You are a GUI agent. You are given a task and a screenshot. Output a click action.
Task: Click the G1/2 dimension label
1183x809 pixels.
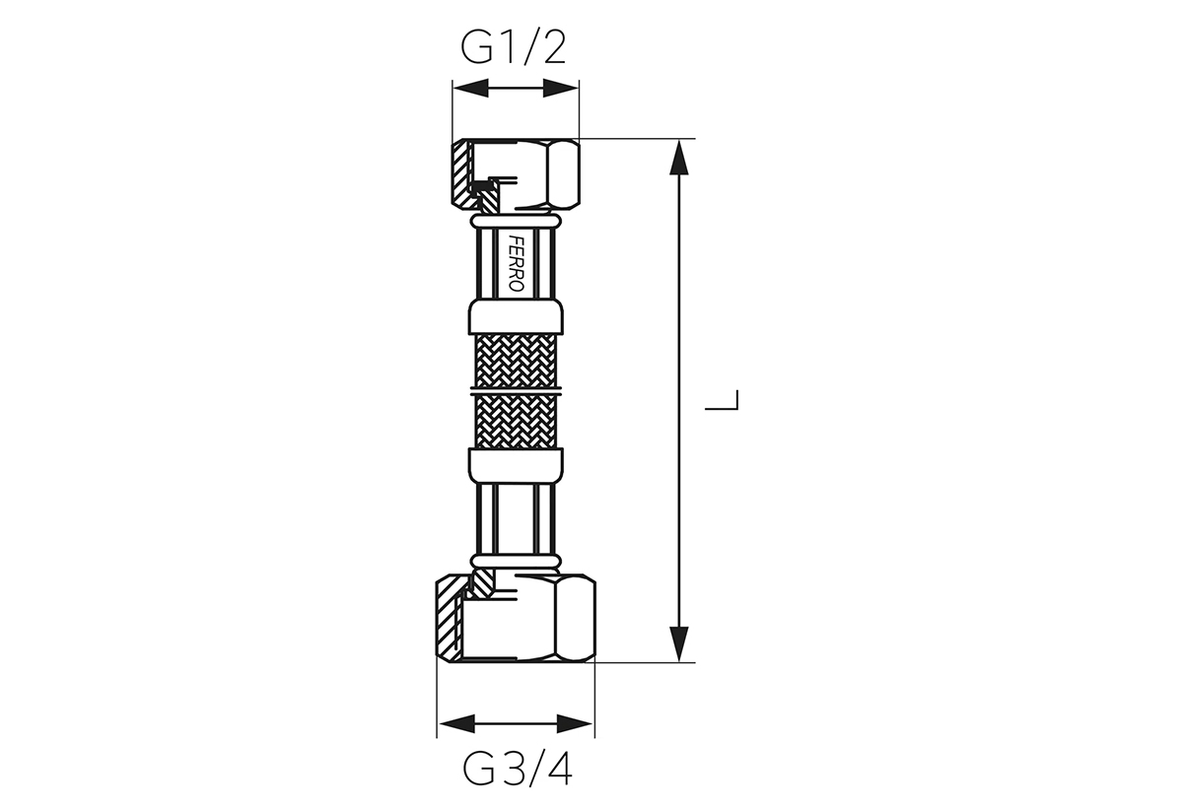(514, 47)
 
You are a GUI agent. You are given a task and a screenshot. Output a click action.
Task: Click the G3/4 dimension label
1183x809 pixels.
(517, 769)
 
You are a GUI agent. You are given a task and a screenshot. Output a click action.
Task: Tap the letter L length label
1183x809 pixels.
(722, 400)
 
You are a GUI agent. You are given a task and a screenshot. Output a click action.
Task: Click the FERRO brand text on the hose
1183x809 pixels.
(516, 263)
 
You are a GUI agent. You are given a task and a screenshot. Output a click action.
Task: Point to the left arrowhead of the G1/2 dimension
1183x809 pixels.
(470, 88)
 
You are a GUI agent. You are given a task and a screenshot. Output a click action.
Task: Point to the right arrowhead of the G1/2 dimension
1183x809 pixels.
(561, 88)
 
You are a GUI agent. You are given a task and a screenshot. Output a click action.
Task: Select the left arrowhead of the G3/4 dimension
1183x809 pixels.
(456, 723)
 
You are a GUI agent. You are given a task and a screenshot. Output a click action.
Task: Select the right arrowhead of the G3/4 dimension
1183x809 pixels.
(575, 723)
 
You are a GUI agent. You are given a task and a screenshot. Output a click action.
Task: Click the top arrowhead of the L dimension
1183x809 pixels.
(678, 157)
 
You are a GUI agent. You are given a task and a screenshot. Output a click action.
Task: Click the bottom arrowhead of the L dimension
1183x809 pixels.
(678, 643)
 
